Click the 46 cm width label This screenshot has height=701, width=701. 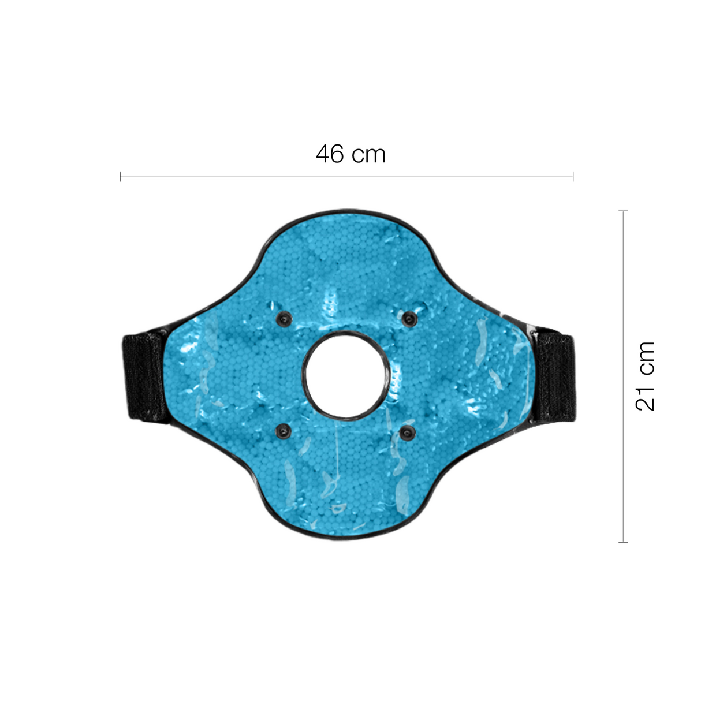click(x=350, y=154)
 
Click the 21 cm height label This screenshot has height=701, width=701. click(x=645, y=376)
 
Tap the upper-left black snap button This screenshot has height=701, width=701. click(x=284, y=319)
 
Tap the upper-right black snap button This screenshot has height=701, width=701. click(x=410, y=319)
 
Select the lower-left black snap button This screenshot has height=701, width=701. click(x=284, y=432)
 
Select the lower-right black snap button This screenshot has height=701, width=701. click(x=407, y=432)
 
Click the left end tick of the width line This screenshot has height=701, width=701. click(x=121, y=177)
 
